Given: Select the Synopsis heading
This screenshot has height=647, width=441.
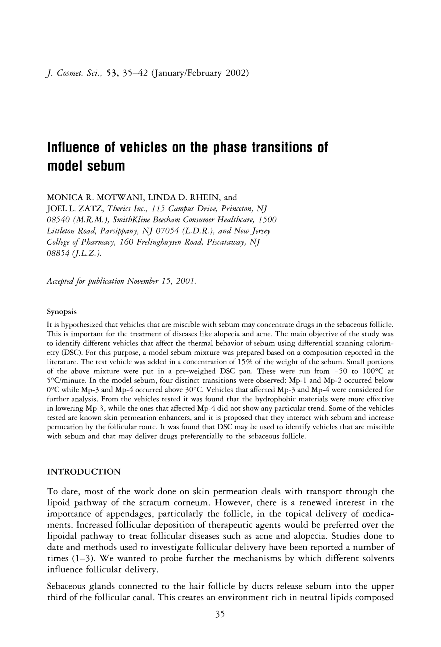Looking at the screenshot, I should (x=62, y=311).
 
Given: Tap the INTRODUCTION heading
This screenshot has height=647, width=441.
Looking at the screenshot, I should (x=84, y=472).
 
